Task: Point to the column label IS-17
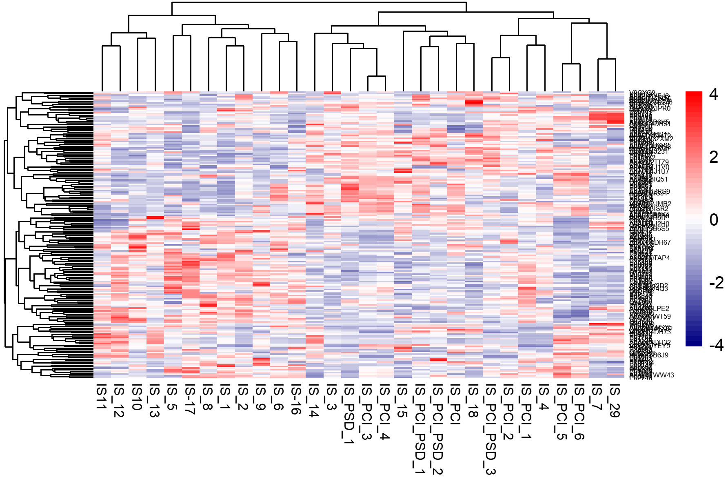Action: (190, 399)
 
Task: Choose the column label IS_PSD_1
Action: (349, 414)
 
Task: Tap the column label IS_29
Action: (614, 401)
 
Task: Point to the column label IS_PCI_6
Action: (579, 412)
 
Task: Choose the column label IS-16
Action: (296, 399)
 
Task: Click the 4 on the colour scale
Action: (714, 94)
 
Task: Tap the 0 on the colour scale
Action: (714, 220)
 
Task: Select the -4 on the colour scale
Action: (716, 345)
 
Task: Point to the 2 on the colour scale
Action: (714, 157)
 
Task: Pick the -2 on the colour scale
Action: (716, 283)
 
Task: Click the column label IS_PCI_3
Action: (366, 412)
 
